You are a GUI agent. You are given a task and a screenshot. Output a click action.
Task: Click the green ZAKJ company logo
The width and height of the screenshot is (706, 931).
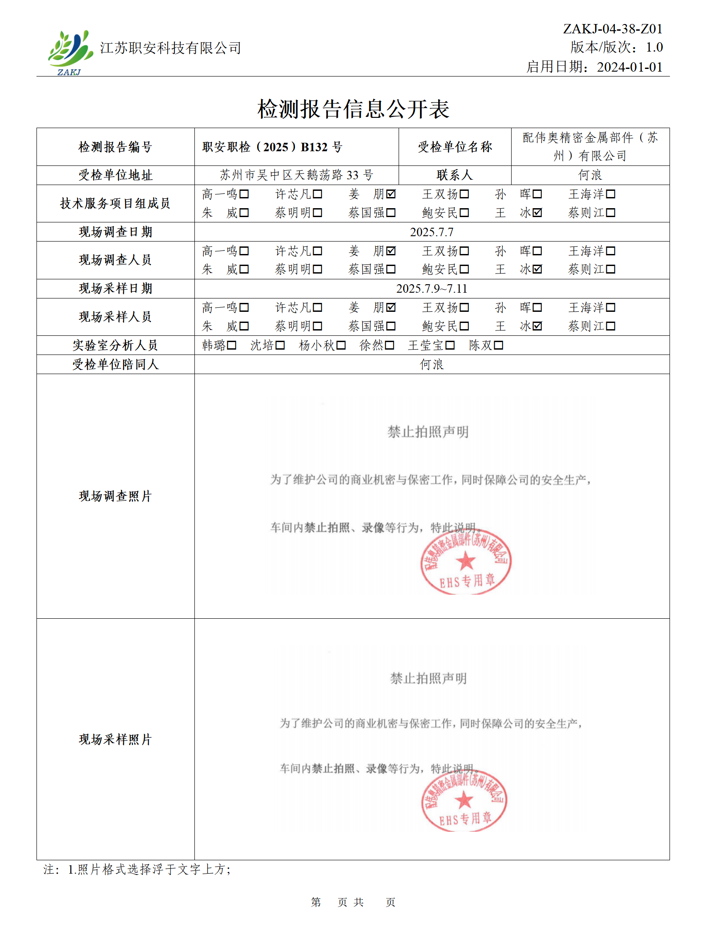point(70,52)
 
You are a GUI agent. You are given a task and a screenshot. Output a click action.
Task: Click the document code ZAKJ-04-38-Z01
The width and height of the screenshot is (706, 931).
point(612,29)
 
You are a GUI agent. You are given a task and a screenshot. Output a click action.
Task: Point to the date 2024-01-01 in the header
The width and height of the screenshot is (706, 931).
point(629,67)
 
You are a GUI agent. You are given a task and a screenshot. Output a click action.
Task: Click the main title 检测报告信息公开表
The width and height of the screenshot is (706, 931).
point(353,109)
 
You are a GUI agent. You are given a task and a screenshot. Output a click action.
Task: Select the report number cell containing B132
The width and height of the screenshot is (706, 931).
point(272,147)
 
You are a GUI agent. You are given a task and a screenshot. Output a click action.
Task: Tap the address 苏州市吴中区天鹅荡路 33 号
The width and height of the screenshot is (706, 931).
point(296,175)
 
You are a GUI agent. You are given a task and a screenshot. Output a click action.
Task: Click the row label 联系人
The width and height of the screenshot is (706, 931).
point(454,175)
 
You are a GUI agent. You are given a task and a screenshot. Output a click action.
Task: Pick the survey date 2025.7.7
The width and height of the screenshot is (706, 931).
point(432,232)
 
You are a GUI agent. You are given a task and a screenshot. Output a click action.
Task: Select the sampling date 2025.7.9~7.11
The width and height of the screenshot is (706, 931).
point(432,289)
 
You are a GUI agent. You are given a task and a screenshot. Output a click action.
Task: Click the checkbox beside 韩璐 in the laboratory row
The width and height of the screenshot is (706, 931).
point(231,345)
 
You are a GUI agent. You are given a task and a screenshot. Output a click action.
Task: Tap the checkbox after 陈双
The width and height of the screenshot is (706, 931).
point(498,345)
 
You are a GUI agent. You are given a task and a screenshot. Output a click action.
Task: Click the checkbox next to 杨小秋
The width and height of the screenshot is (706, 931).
point(341,345)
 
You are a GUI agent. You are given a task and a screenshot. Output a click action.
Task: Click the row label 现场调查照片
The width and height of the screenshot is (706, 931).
point(115,496)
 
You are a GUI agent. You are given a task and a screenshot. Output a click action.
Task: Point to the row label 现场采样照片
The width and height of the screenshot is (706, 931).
point(115,739)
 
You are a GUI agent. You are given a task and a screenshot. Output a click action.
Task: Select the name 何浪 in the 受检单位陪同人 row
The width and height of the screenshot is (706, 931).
point(432,365)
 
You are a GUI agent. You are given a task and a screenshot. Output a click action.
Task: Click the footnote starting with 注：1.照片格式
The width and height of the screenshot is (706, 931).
point(137,870)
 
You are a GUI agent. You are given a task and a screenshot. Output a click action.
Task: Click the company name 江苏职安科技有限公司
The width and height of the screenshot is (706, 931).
point(170,48)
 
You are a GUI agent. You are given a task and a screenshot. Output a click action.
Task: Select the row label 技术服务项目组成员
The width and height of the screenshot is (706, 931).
point(115,203)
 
